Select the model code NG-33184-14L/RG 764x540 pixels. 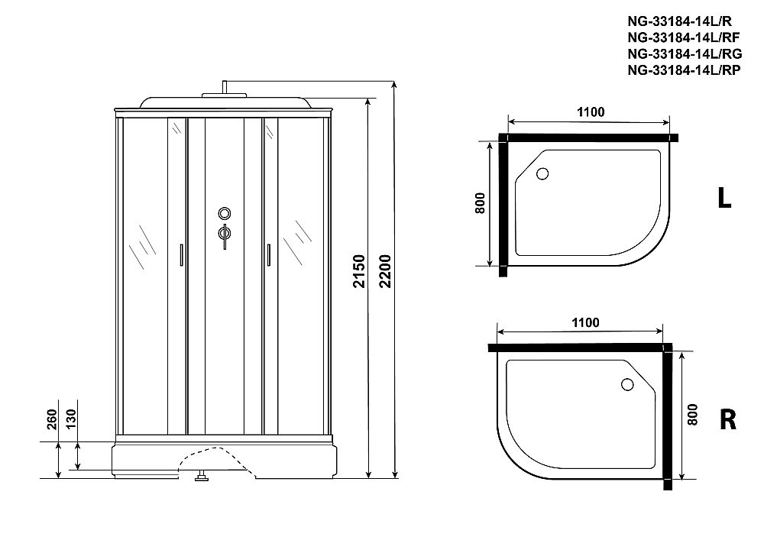click(x=682, y=54)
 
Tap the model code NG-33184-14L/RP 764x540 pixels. click(x=681, y=70)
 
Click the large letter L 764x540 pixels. click(x=724, y=199)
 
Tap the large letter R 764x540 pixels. click(x=727, y=419)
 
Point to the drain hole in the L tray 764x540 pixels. click(x=542, y=173)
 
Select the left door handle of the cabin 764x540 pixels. click(x=180, y=255)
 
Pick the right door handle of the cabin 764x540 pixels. click(x=268, y=255)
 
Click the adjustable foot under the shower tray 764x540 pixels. click(x=202, y=477)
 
